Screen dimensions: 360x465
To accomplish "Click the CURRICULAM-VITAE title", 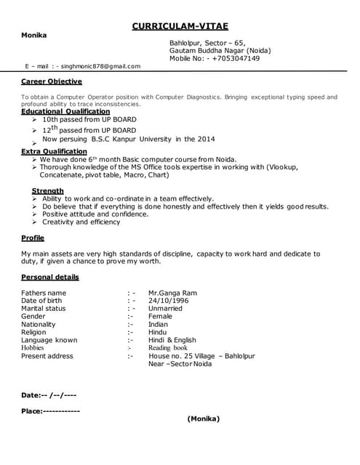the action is point(180,26).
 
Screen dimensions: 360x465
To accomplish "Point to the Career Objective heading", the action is point(51,81).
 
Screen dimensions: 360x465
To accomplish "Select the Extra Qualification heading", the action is point(54,151).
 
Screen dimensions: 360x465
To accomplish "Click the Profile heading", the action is point(33,238).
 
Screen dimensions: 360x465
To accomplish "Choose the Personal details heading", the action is point(50,277).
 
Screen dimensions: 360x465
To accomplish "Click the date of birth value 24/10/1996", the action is point(168,300).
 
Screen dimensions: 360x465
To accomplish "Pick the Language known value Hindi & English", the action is point(172,340).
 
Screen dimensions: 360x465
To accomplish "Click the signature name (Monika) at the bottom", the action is point(203,418).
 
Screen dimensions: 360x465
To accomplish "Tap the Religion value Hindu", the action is point(157,332).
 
